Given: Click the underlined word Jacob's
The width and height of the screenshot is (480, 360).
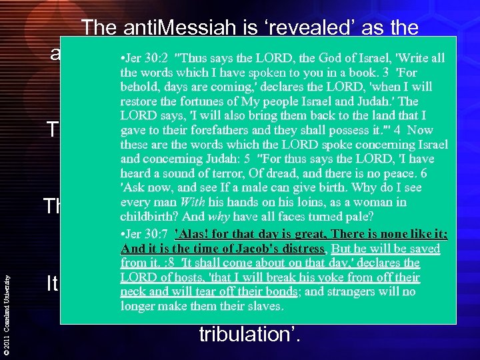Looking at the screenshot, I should [264, 249].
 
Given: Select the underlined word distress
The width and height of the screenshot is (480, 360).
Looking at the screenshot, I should [304, 249].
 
